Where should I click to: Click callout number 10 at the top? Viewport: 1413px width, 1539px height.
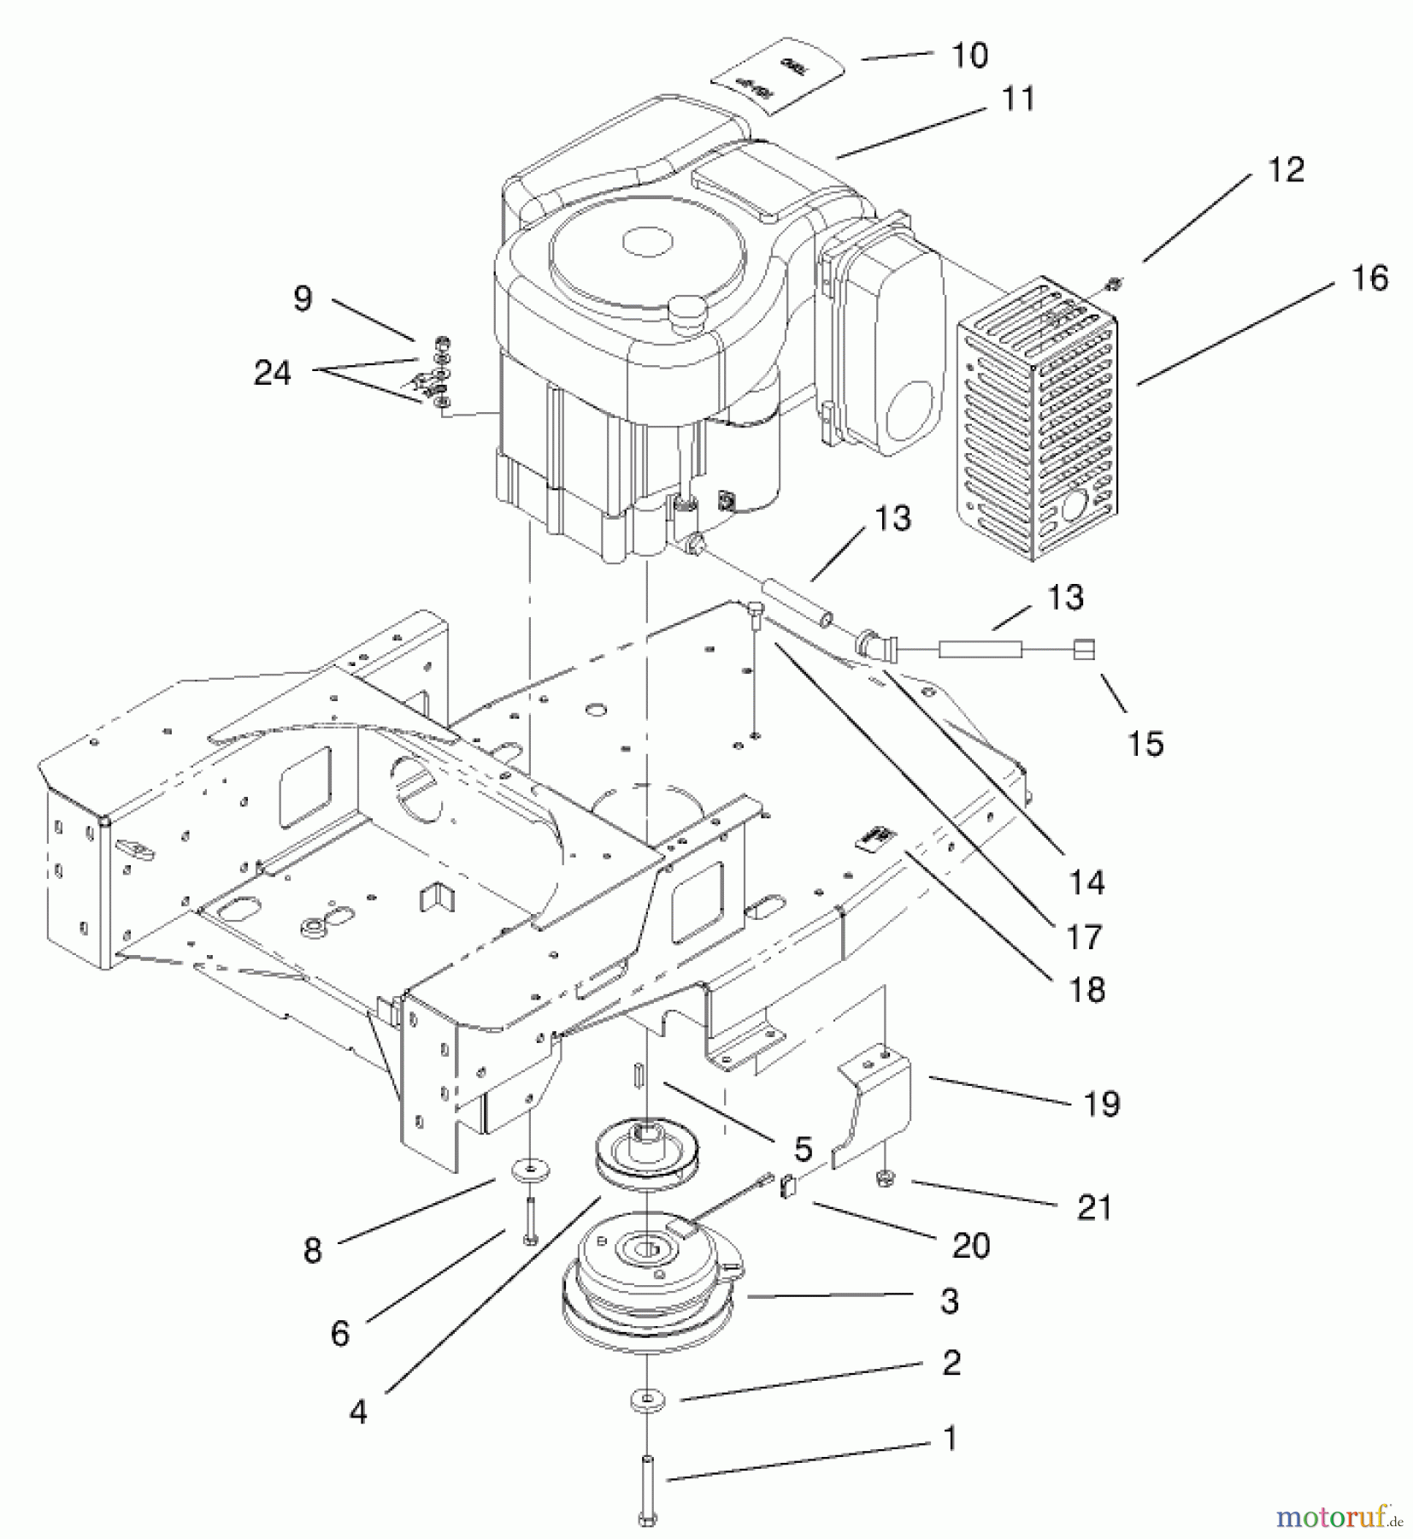pyautogui.click(x=969, y=56)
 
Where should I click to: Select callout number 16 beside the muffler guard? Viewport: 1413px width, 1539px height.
pyautogui.click(x=1369, y=278)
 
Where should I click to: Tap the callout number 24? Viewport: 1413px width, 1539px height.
pyautogui.click(x=273, y=373)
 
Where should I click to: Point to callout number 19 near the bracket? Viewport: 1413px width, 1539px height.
pyautogui.click(x=1101, y=1104)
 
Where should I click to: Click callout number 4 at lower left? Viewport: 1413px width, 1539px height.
pyautogui.click(x=358, y=1412)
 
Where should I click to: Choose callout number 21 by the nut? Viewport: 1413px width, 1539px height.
pyautogui.click(x=1094, y=1208)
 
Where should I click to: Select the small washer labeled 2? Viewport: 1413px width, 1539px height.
pyautogui.click(x=647, y=1400)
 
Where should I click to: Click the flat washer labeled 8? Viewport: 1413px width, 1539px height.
pyautogui.click(x=531, y=1168)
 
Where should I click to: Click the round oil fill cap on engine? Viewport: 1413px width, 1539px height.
pyautogui.click(x=686, y=305)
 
